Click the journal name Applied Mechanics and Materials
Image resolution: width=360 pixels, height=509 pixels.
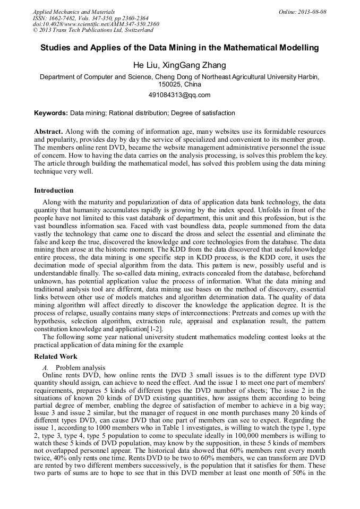coord(74,12)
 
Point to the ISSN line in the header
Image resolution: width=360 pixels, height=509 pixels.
coord(90,18)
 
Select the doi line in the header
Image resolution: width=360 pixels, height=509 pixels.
coord(96,24)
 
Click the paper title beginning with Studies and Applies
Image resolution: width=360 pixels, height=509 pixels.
coord(179,48)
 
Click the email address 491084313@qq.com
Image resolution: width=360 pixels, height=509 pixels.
coord(179,95)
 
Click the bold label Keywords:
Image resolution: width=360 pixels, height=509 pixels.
coord(51,113)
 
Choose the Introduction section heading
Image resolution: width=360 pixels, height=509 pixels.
coord(54,191)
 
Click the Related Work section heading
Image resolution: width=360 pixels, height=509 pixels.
coord(56,357)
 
